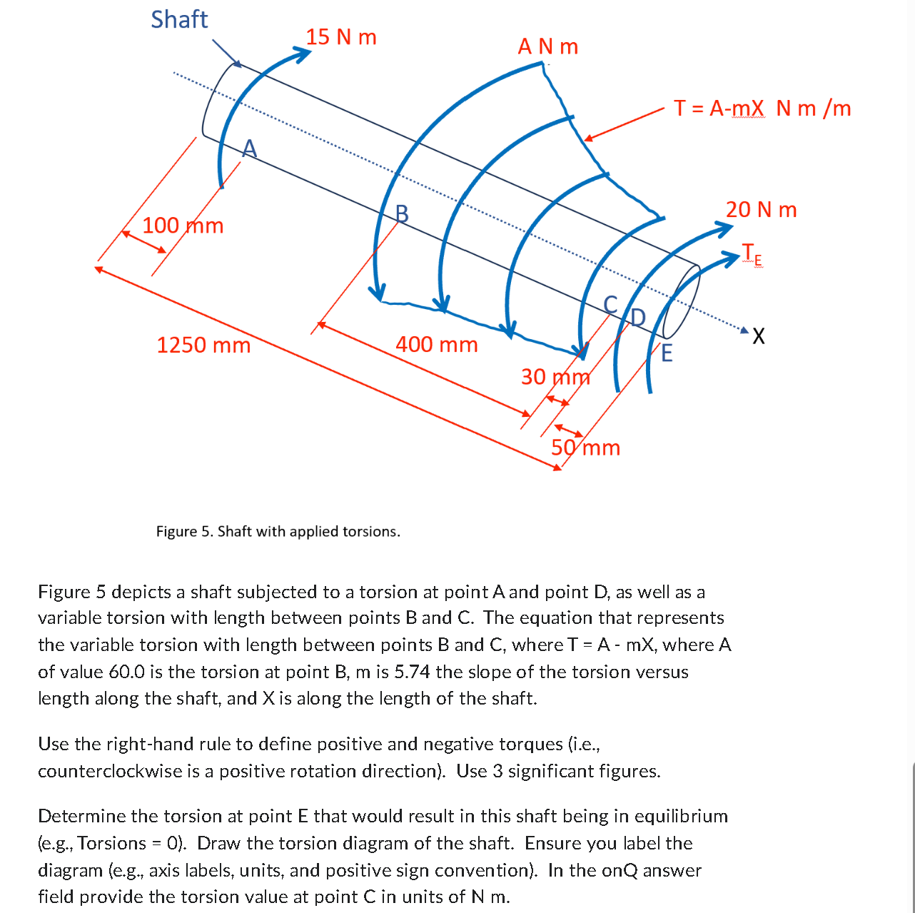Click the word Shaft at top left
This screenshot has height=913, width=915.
point(179,19)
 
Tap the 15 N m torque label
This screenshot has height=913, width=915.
point(341,36)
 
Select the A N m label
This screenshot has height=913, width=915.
point(547,46)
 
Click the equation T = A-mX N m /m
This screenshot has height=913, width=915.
point(762,108)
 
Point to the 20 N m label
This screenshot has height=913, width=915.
point(761,209)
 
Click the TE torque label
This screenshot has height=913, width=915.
point(752,254)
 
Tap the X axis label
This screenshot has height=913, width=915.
point(758,336)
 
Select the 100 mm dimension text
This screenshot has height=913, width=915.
point(183,226)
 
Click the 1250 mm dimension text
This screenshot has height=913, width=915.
point(203,345)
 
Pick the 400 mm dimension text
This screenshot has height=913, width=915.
point(436,344)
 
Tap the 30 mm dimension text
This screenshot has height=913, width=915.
point(555,376)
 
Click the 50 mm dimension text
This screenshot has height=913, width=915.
point(585,448)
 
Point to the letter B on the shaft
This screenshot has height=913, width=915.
point(402,213)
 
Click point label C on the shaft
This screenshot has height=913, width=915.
point(610,304)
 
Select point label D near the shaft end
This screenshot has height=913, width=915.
point(637,317)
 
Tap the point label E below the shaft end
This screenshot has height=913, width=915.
point(667,353)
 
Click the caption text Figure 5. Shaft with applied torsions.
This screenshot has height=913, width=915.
point(278,531)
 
